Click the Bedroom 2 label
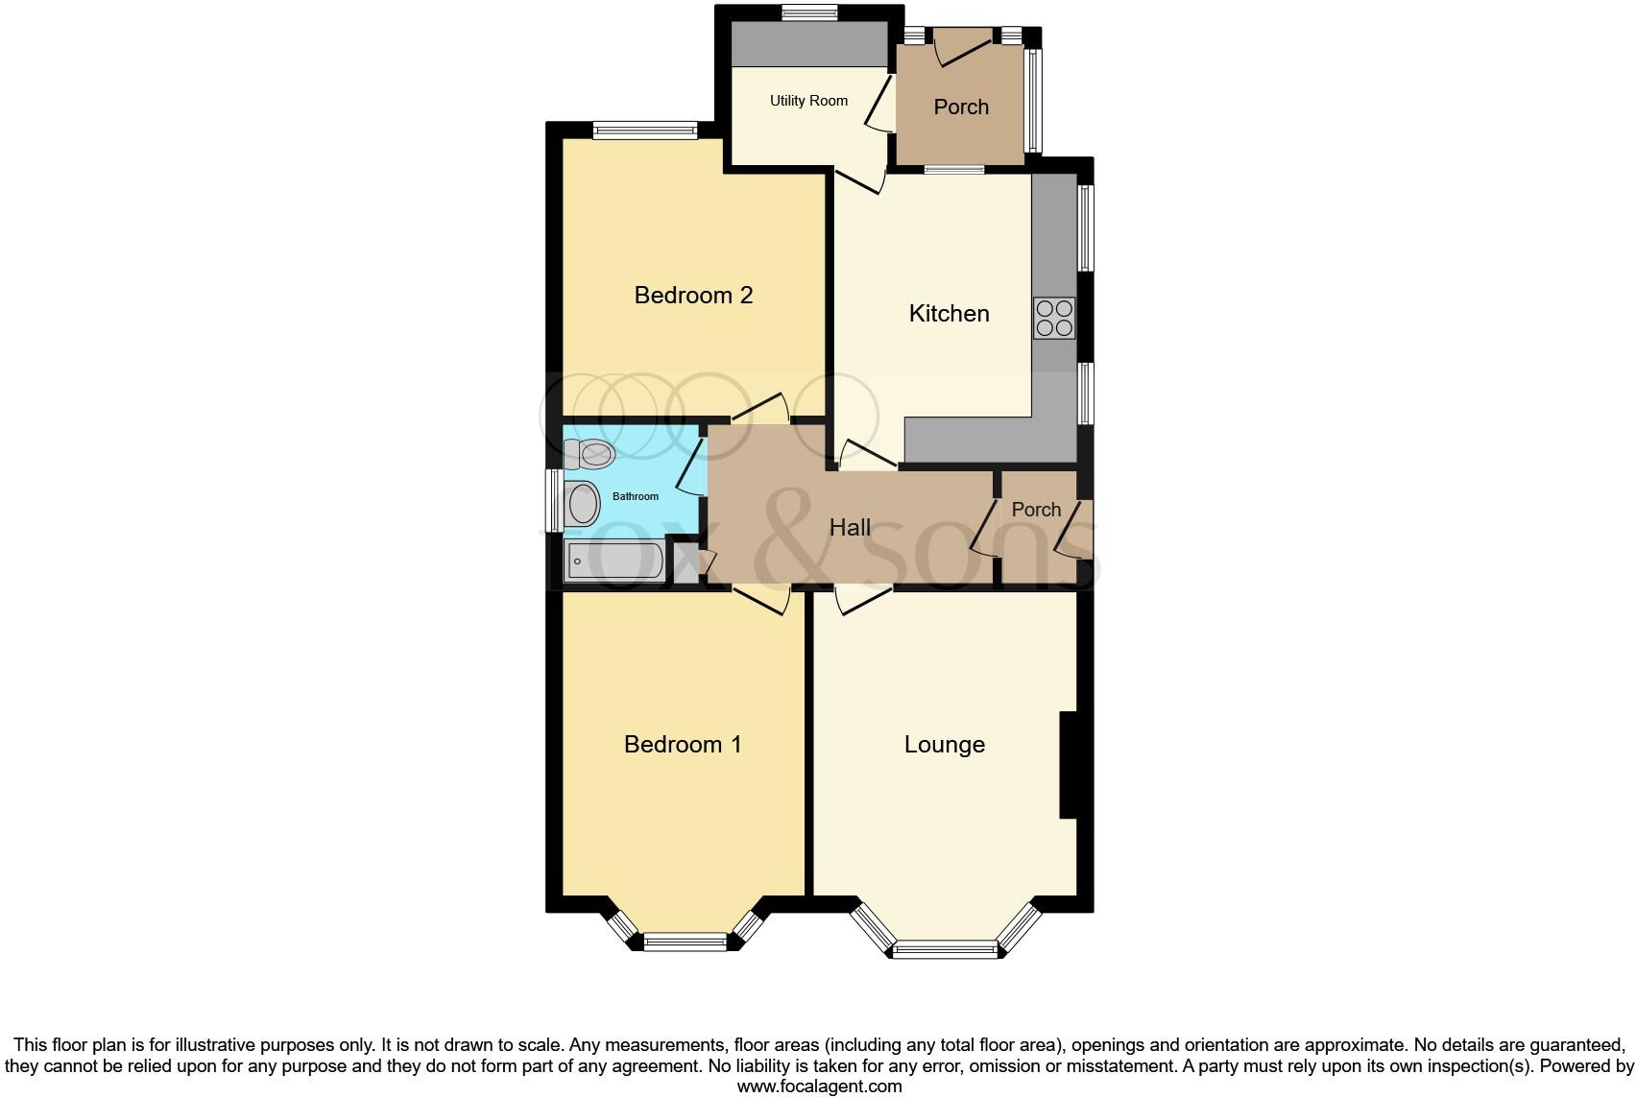pyautogui.click(x=693, y=295)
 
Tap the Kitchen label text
pyautogui.click(x=949, y=313)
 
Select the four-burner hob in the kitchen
pyautogui.click(x=1054, y=318)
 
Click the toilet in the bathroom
pyautogui.click(x=589, y=453)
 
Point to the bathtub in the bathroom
pyautogui.click(x=614, y=561)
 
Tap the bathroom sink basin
pyautogui.click(x=582, y=504)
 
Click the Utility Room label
pyautogui.click(x=808, y=101)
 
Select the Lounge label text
pyautogui.click(x=944, y=745)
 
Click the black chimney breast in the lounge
pyautogui.click(x=1069, y=765)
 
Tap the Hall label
pyautogui.click(x=850, y=527)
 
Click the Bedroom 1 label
pyautogui.click(x=683, y=745)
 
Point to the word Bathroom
pyautogui.click(x=636, y=496)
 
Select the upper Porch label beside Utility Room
pyautogui.click(x=961, y=107)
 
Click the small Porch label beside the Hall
pyautogui.click(x=1036, y=510)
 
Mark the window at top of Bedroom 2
pyautogui.click(x=644, y=131)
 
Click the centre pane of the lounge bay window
pyautogui.click(x=945, y=950)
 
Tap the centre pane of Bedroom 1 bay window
pyautogui.click(x=686, y=942)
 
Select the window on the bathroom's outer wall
pyautogui.click(x=554, y=500)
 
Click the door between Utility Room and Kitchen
pyautogui.click(x=860, y=180)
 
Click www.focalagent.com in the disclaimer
pyautogui.click(x=819, y=1087)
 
